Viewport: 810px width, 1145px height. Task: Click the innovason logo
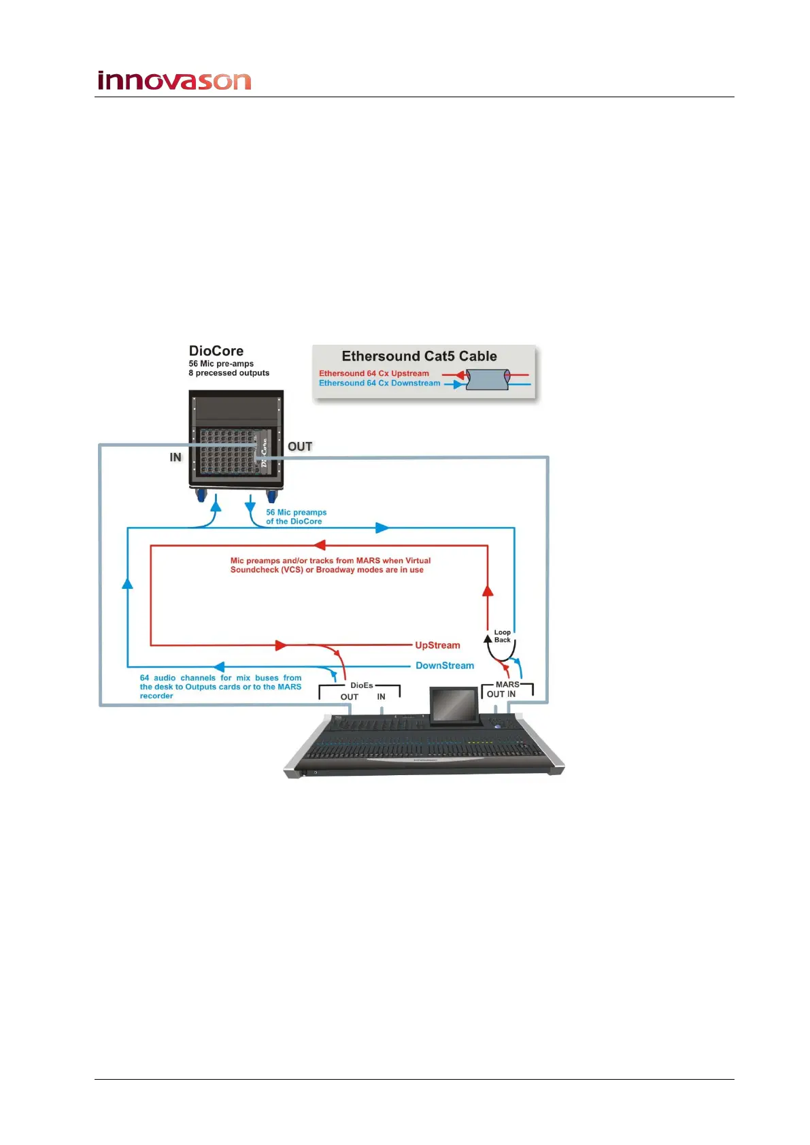pyautogui.click(x=174, y=81)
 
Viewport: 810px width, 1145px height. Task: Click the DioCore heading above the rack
pyautogui.click(x=216, y=351)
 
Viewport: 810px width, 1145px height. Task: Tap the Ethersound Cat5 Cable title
pyautogui.click(x=419, y=356)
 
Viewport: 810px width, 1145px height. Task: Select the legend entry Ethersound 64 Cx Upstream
pyautogui.click(x=373, y=373)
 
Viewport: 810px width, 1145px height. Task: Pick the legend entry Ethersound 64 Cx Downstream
pyautogui.click(x=379, y=383)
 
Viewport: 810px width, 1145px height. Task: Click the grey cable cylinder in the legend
pyautogui.click(x=488, y=379)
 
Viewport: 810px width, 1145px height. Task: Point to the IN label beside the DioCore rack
pyautogui.click(x=175, y=457)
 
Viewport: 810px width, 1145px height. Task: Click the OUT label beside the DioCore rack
pyautogui.click(x=299, y=447)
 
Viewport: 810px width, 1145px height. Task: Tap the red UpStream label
pyautogui.click(x=437, y=645)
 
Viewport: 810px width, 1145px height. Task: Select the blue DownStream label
pyautogui.click(x=445, y=666)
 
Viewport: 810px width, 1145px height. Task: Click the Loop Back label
pyautogui.click(x=502, y=636)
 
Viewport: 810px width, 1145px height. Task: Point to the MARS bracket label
pyautogui.click(x=507, y=685)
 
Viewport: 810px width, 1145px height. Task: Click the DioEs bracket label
pyautogui.click(x=361, y=685)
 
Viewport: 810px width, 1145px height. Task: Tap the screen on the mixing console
pyautogui.click(x=454, y=705)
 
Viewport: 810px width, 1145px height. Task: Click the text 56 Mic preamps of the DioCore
pyautogui.click(x=296, y=517)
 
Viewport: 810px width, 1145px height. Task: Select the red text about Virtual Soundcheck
pyautogui.click(x=330, y=565)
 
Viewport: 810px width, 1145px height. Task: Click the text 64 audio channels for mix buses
pyautogui.click(x=220, y=687)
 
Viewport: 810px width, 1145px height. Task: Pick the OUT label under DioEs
pyautogui.click(x=349, y=697)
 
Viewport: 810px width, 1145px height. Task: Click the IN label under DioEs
pyautogui.click(x=381, y=697)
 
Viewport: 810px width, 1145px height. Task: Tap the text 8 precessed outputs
pyautogui.click(x=229, y=373)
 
